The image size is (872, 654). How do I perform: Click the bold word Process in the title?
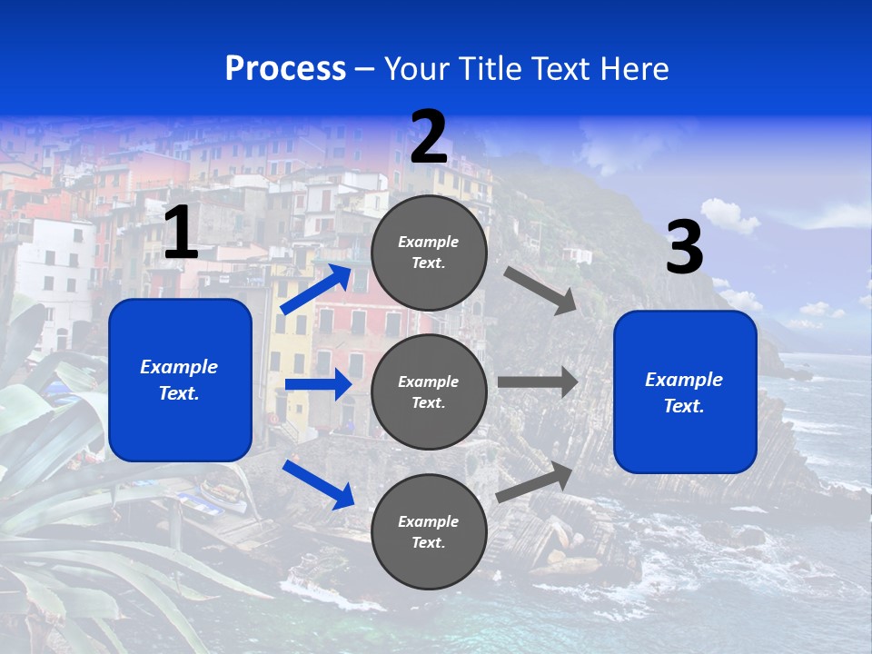point(285,69)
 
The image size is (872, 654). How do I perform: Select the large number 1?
point(181,234)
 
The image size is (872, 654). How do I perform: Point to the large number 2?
point(429,138)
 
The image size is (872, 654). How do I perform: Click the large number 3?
point(684,249)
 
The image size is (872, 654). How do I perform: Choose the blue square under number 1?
point(180,380)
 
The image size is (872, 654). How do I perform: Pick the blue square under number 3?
point(685,392)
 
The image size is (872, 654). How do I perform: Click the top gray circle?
point(429,253)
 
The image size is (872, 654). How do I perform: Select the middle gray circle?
point(429,391)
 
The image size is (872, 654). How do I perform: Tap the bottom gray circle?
point(429,531)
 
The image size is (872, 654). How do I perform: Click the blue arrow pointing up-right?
point(316,289)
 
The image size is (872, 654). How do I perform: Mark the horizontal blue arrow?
point(318,384)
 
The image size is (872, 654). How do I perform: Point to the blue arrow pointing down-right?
point(319,484)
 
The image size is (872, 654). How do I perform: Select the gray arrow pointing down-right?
point(540,290)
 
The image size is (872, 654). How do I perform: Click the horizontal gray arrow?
point(538,382)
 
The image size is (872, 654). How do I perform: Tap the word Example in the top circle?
point(429,243)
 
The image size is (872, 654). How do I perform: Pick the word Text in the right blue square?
point(683,406)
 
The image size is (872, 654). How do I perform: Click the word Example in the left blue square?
point(179,367)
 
